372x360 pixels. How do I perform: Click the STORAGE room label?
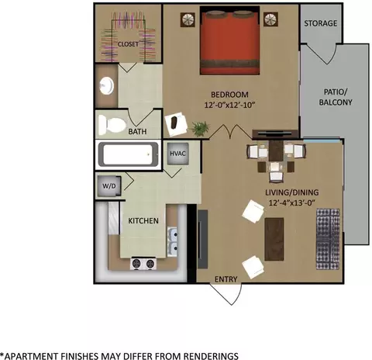(320, 23)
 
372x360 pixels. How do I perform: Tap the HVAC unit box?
(177, 154)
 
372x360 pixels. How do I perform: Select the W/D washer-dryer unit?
(109, 186)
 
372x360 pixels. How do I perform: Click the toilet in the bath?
(112, 125)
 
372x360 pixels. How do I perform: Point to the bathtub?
(128, 154)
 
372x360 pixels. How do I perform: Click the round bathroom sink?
(107, 85)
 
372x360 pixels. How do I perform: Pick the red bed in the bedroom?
(229, 40)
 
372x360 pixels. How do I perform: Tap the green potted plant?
(200, 129)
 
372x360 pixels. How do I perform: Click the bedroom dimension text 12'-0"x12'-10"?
(229, 105)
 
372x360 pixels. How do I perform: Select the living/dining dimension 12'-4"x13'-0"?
(292, 202)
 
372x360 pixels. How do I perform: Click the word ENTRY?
(226, 279)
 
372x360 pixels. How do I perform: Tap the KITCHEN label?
(143, 221)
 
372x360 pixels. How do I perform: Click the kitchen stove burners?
(143, 264)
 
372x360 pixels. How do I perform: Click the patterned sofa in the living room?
(328, 239)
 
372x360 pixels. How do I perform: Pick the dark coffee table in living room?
(274, 239)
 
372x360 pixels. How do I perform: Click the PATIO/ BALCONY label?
(336, 97)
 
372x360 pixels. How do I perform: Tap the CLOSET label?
(128, 44)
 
